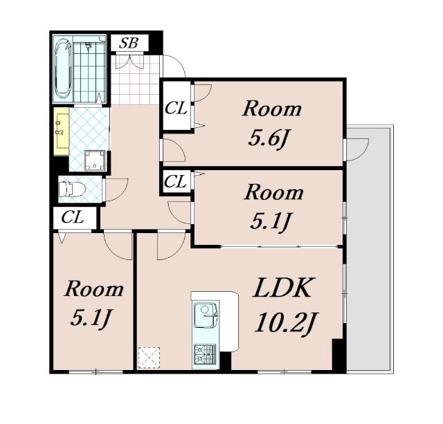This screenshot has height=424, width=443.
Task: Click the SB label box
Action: click(129, 43)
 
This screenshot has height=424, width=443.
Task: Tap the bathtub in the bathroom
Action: click(63, 69)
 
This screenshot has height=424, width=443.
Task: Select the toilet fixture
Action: click(71, 189)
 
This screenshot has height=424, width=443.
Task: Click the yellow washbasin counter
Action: click(62, 131)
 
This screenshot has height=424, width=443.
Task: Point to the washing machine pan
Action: click(95, 160)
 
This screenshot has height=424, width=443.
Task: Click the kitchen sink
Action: click(206, 314)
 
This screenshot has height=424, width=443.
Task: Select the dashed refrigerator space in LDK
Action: click(149, 358)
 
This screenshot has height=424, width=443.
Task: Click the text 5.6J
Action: click(269, 138)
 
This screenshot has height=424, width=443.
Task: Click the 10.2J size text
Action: click(287, 322)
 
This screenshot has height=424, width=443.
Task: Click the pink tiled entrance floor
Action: click(135, 80)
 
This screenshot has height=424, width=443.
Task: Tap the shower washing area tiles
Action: click(89, 69)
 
